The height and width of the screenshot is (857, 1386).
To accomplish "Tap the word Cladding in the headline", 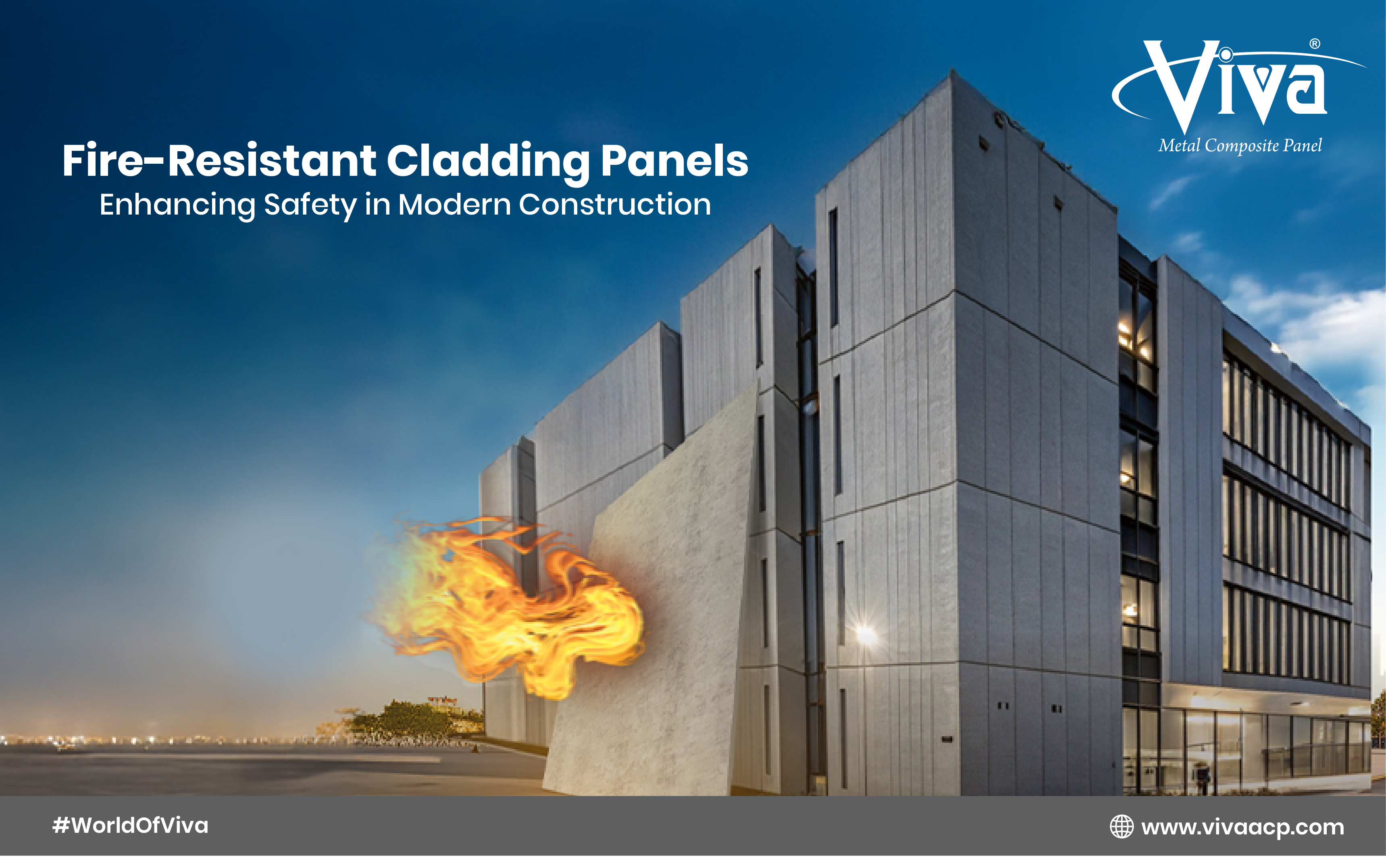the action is [x=488, y=163].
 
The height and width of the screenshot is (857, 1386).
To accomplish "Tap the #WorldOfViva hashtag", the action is [x=130, y=825].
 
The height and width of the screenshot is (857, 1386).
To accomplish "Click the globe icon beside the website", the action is [x=1122, y=826].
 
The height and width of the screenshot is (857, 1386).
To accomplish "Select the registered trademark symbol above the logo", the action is [x=1315, y=44].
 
